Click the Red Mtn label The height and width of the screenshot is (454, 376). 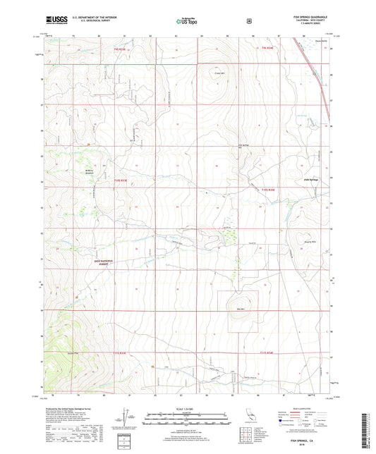241,308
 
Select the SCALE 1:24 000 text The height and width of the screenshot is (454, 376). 188,409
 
